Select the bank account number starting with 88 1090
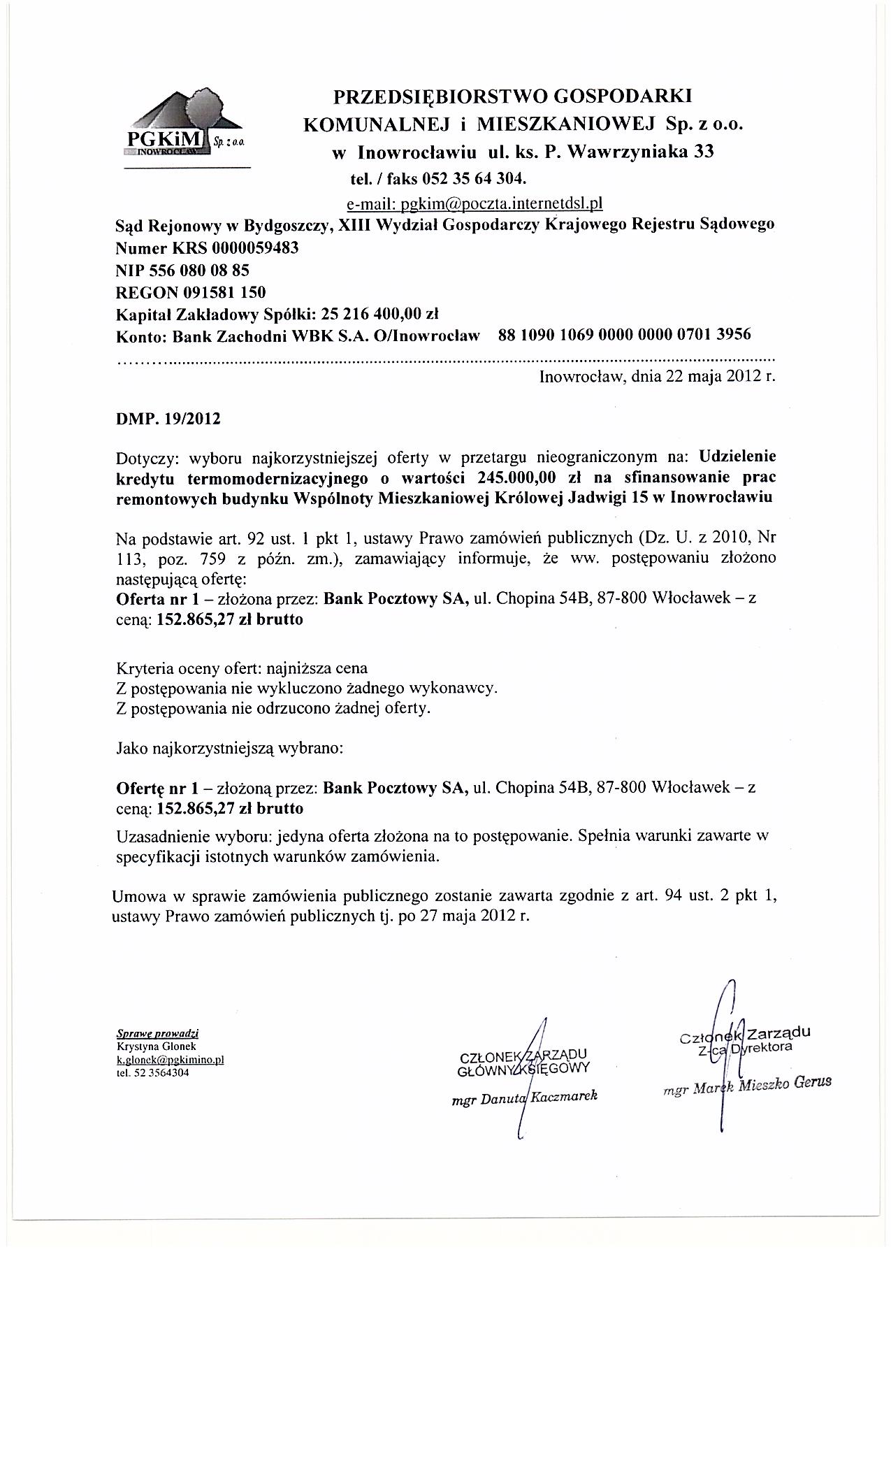tap(625, 334)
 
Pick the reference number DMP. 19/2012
tap(168, 419)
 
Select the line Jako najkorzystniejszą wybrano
tap(229, 749)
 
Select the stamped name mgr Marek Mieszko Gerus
tap(747, 1085)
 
